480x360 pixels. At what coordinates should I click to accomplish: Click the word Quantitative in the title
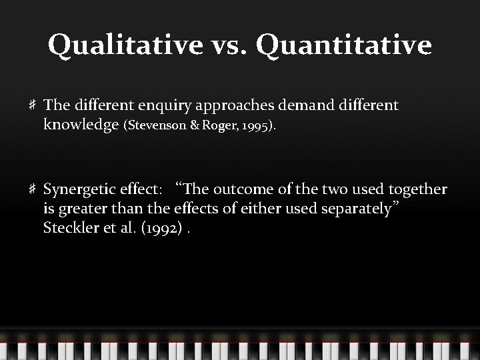click(343, 46)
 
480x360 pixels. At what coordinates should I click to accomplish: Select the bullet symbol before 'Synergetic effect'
click(31, 190)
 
